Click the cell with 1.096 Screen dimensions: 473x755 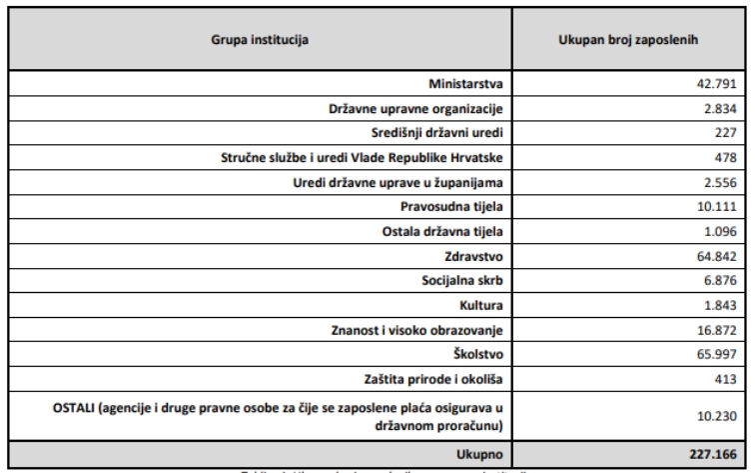[x=720, y=233]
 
